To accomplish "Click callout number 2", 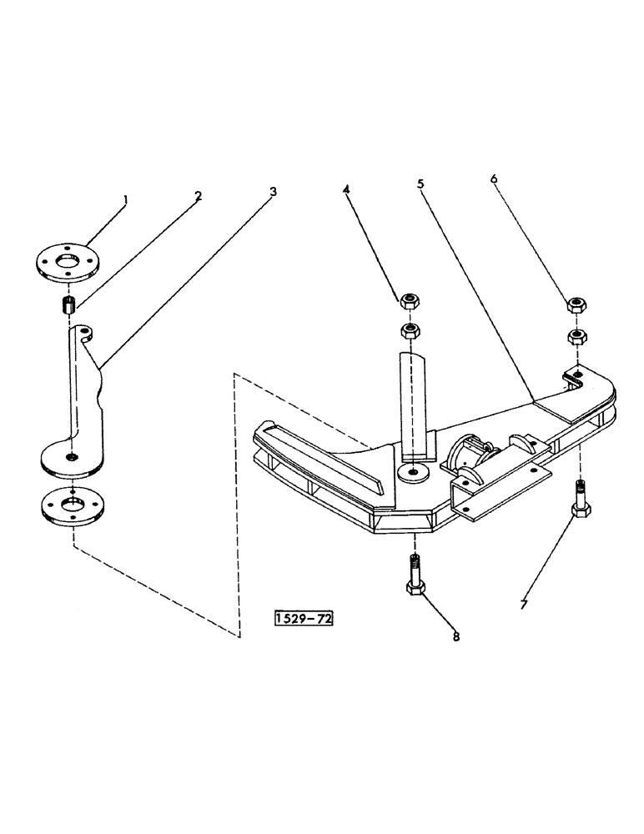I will tap(198, 197).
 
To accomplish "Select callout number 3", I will tap(273, 191).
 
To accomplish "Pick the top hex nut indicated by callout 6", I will tap(576, 305).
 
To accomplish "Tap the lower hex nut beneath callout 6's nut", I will tap(576, 336).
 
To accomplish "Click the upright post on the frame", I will tap(415, 404).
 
